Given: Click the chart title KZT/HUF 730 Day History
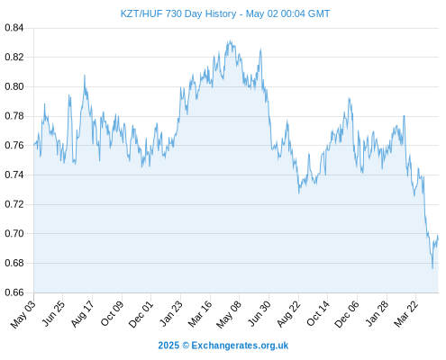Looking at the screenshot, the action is point(178,13).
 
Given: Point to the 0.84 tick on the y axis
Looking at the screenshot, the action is point(14,28).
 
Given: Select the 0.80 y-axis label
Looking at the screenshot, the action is point(14,86).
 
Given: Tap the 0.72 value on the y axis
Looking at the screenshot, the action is point(14,204).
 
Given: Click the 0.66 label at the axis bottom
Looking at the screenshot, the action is point(14,292).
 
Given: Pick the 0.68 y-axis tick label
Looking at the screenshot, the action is point(14,263).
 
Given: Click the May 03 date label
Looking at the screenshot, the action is point(23,314).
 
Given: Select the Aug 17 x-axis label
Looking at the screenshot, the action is point(83,314).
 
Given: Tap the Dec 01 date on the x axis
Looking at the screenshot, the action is point(141,314).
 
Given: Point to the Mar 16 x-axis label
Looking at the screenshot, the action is point(200,314).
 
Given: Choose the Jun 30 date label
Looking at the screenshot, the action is point(259,314).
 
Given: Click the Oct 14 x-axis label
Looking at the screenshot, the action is point(318,314).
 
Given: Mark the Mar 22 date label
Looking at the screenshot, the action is point(406,314).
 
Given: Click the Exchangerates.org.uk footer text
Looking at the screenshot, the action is point(240,346).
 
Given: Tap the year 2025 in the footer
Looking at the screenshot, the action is point(168,346).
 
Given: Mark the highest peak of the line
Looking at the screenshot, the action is point(230,40).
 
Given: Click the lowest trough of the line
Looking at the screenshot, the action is point(432,268).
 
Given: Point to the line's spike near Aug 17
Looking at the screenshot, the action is point(85,76).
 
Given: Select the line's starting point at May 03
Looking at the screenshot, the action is point(34,145).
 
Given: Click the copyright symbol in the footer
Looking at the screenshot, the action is point(186,346).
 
